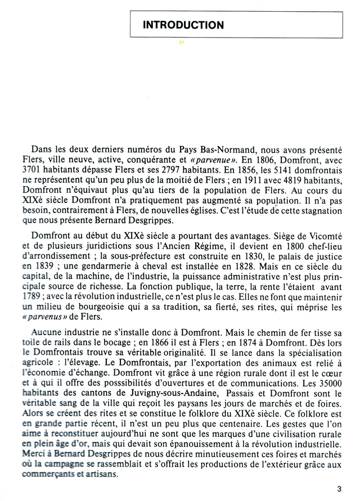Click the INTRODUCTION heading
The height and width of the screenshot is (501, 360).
(183, 25)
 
